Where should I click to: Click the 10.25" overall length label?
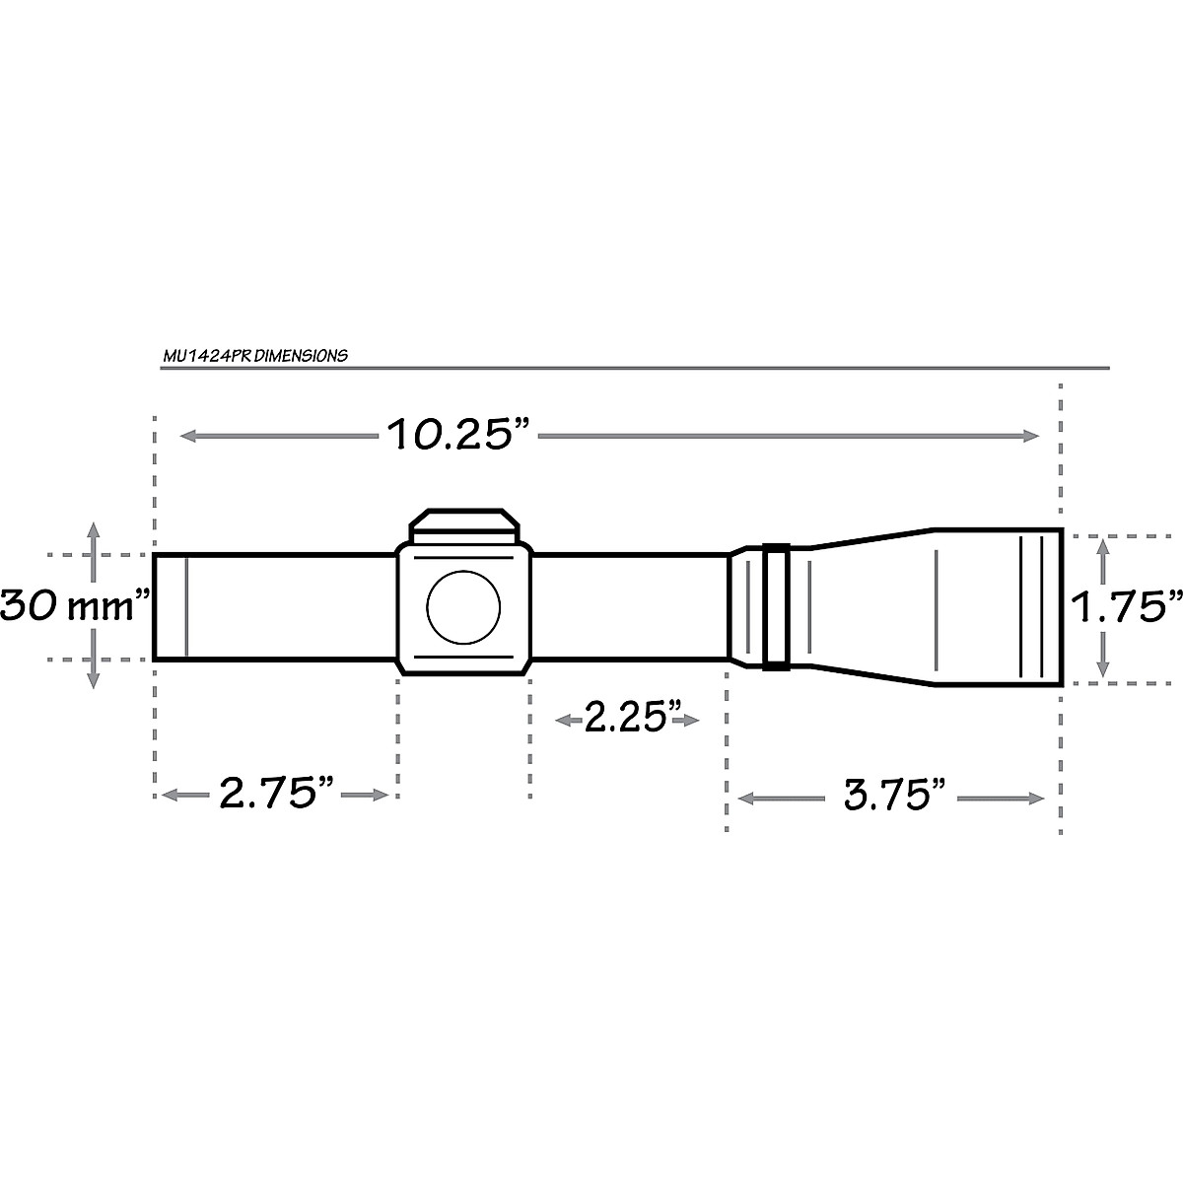click(458, 434)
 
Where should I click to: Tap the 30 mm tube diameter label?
click(75, 605)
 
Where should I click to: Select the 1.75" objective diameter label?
click(1127, 607)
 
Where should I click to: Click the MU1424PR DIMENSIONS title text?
click(255, 356)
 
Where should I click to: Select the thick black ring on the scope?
click(775, 606)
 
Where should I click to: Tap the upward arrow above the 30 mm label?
click(93, 533)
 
